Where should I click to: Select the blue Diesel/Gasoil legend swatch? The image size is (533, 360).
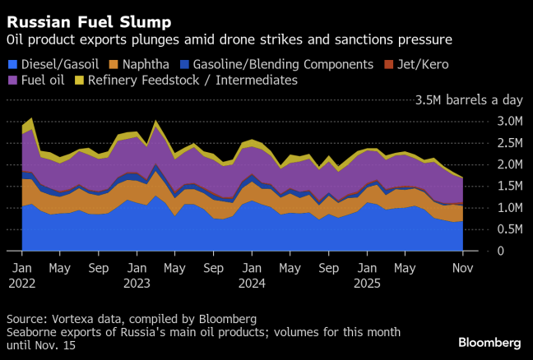12,64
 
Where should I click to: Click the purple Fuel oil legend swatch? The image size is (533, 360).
12,81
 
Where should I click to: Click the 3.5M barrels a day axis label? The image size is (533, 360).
469,100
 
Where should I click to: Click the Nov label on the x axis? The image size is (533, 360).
462,268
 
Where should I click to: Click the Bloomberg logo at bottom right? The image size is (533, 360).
489,342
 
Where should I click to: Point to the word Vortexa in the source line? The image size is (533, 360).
73,318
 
